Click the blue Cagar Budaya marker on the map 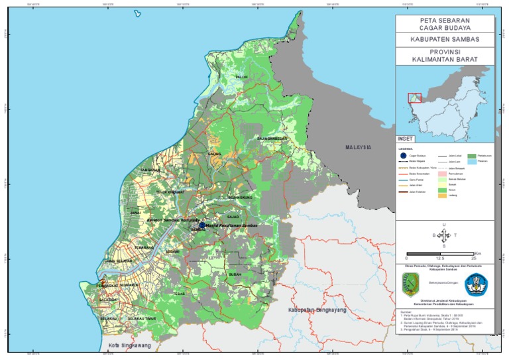(202, 225)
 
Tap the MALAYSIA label (357, 147)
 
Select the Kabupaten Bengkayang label (313, 310)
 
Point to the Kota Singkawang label (129, 345)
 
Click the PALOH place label (242, 77)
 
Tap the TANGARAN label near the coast (150, 170)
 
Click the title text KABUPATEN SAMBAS (445, 39)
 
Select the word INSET (404, 139)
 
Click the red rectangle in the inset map (414, 98)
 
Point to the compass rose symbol (444, 235)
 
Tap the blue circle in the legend (404, 156)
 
